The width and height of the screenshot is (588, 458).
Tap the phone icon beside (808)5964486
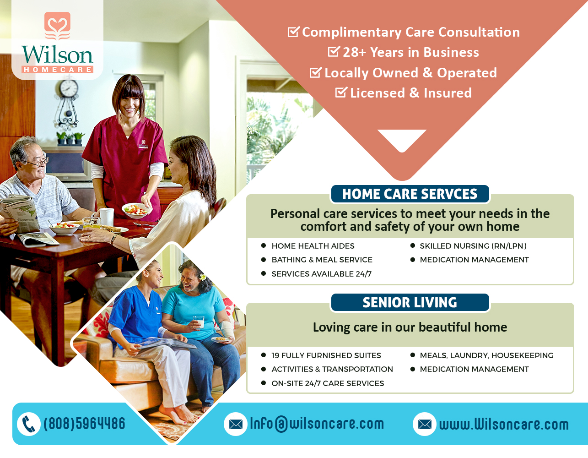(29, 424)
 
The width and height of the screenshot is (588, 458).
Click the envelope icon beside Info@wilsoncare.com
(236, 424)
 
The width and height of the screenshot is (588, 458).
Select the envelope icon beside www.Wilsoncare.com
(425, 424)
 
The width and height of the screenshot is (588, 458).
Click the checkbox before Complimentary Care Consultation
(293, 32)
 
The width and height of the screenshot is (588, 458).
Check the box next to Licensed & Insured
(341, 93)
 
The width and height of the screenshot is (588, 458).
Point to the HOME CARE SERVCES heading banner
(410, 194)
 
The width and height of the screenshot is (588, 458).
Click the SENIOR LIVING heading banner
(410, 303)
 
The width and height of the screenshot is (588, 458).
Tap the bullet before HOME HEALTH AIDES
(264, 246)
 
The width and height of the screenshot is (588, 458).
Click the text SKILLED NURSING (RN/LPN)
(473, 246)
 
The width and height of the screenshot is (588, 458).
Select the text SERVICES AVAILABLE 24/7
(321, 274)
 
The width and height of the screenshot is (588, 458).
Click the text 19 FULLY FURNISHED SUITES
(326, 355)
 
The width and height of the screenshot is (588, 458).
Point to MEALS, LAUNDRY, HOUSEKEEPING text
(486, 355)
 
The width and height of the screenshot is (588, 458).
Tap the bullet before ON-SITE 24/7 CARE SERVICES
(264, 383)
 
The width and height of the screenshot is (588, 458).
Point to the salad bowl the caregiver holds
(136, 210)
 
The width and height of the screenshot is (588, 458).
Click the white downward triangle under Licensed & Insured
(402, 138)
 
